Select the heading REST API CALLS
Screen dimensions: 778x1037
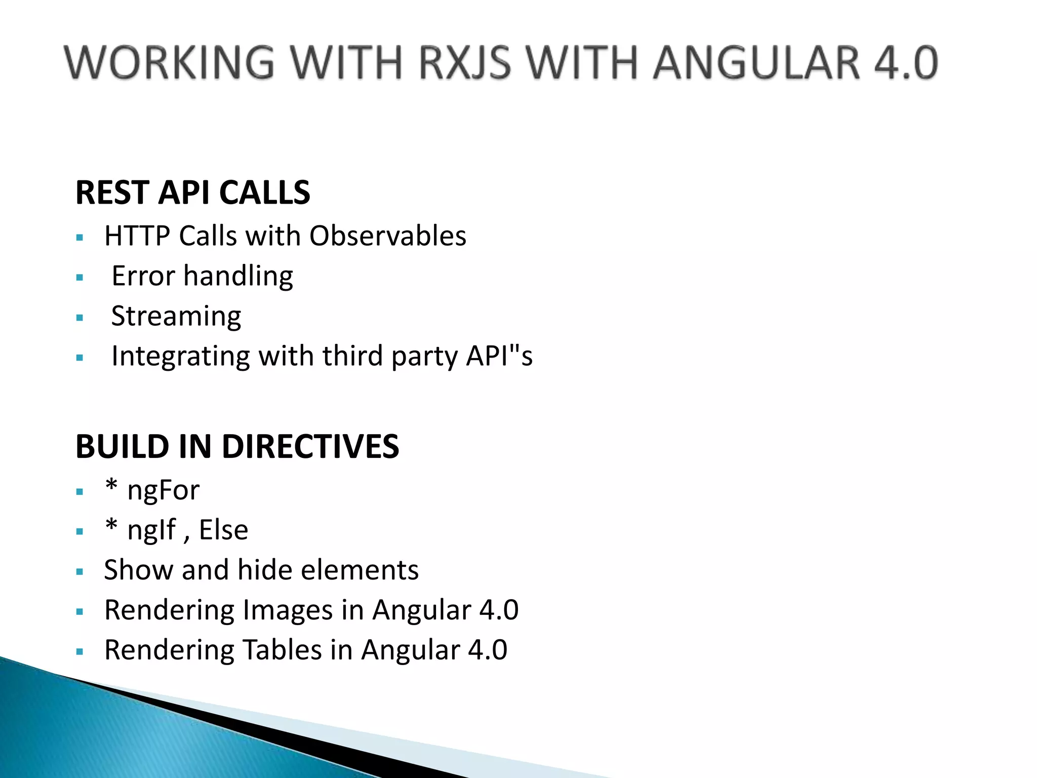tap(192, 192)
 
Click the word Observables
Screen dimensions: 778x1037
tap(387, 236)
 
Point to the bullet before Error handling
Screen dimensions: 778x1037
tap(79, 278)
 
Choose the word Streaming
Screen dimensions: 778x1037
tap(176, 316)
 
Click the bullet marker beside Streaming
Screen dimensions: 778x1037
tap(79, 318)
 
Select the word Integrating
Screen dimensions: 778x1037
tap(180, 357)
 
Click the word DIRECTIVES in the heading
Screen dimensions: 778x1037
tap(310, 447)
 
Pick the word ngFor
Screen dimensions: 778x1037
tap(163, 490)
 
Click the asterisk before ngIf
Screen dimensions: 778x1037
tap(111, 527)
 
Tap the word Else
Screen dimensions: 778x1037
tap(223, 530)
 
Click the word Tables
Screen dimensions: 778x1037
tap(282, 650)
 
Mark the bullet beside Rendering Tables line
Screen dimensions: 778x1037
tap(79, 652)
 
